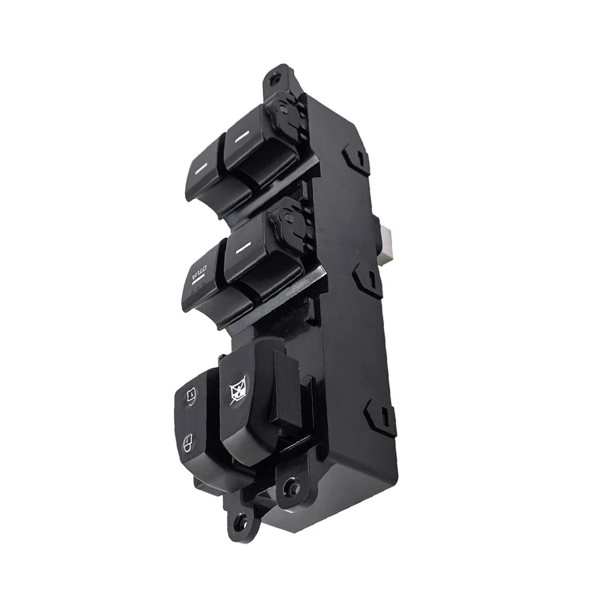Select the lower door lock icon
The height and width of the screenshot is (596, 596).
point(188,442)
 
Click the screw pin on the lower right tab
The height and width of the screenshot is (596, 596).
point(289,484)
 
